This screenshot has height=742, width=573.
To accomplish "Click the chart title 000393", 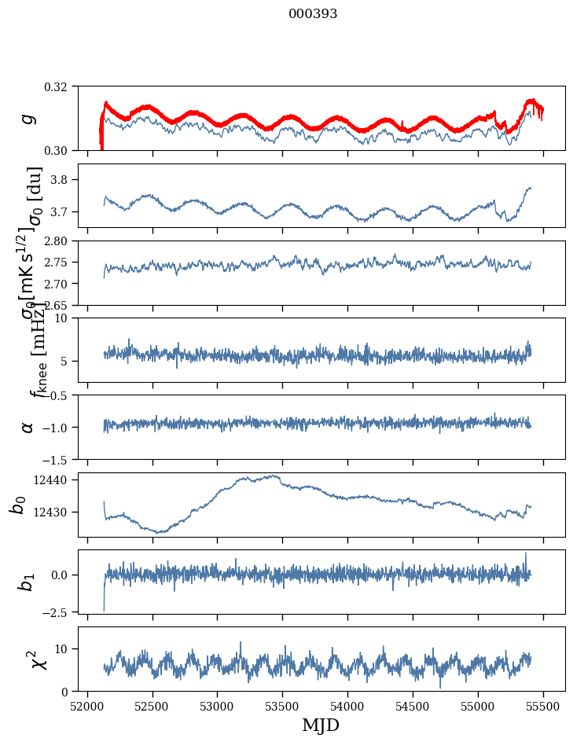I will coord(313,14).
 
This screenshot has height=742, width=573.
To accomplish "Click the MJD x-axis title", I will coord(321,725).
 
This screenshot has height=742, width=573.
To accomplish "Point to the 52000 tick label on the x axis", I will coord(87,706).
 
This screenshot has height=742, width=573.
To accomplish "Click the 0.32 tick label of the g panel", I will coord(61,86).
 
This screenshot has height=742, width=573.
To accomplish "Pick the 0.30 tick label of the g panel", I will coord(61,150).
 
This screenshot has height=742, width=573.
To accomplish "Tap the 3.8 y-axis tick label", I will coord(64,180).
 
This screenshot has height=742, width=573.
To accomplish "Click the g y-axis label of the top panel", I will coord(28,119).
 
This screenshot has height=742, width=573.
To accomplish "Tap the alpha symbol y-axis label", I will coord(28,427).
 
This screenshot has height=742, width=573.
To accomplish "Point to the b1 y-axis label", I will coord(28,582).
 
